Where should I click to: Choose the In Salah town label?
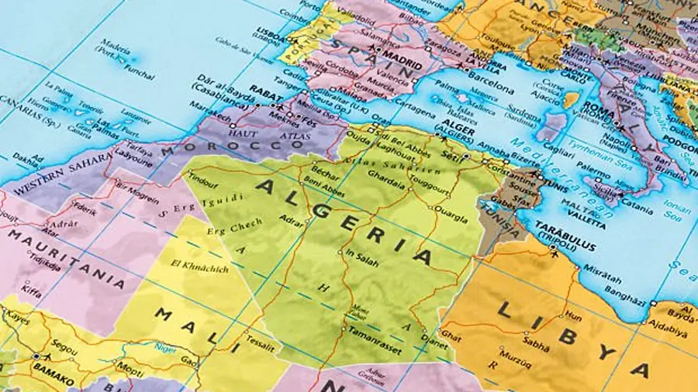click(362, 261)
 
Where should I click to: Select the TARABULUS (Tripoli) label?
click(565, 226)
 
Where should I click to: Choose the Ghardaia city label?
click(386, 184)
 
